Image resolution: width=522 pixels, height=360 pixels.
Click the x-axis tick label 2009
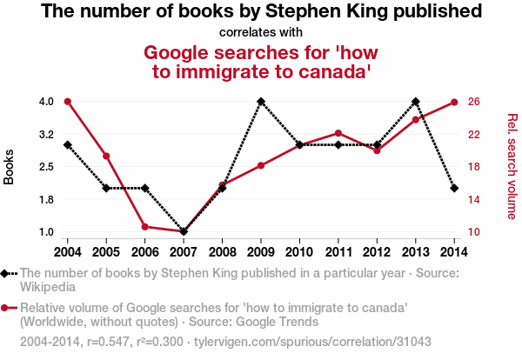coord(261,251)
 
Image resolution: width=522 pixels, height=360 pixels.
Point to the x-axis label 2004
coord(68,251)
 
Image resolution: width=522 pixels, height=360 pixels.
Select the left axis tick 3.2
coord(46,134)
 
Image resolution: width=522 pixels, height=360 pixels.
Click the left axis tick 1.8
coord(46,199)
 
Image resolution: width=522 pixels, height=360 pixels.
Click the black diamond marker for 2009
coord(261,102)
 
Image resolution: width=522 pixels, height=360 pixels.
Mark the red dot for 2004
coord(68,102)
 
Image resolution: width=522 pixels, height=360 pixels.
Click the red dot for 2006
coord(144,227)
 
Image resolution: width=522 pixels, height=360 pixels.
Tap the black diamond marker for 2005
coord(106,188)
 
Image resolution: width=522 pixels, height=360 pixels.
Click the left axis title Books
coord(10,167)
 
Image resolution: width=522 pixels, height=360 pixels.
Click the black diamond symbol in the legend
coord(7,273)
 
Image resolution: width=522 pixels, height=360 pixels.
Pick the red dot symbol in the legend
coord(7,308)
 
